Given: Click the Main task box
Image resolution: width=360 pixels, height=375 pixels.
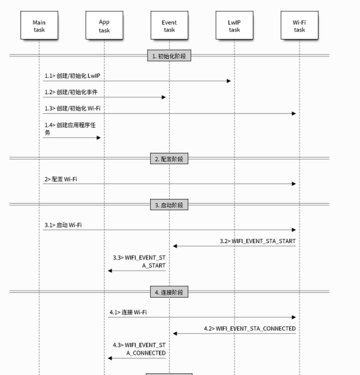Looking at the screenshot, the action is [x=39, y=25].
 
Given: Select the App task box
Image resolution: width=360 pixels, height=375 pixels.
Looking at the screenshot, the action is [x=104, y=25].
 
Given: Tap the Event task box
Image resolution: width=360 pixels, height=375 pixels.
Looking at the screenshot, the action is [x=169, y=25].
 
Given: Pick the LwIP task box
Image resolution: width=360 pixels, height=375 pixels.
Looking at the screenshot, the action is [x=234, y=25].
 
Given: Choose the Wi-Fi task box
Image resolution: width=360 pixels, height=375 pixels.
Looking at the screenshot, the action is [x=299, y=25].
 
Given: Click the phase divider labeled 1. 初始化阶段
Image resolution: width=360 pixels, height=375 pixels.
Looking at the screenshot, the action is [x=169, y=55].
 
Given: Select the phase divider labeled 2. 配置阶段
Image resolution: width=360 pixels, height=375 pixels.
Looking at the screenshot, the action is [x=169, y=159].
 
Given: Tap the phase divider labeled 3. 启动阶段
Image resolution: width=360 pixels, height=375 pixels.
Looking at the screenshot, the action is [x=169, y=205].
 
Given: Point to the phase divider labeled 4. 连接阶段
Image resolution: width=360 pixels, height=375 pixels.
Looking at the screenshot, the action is [x=169, y=292].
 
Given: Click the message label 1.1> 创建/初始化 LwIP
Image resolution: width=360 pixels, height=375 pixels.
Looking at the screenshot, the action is [x=72, y=76].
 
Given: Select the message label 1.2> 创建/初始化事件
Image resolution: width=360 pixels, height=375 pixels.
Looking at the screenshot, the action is [x=71, y=92].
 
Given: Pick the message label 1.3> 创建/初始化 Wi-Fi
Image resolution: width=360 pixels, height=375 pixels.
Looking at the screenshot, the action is [x=72, y=108].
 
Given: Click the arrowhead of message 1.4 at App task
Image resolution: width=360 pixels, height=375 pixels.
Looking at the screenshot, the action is [x=99, y=138].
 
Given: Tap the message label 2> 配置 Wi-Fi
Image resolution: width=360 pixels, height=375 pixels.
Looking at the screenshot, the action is [x=61, y=179].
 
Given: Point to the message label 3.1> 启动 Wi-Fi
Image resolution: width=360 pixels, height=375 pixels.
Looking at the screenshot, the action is [x=63, y=225].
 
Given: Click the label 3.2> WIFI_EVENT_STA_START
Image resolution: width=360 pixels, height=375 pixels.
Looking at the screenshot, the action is [x=257, y=241].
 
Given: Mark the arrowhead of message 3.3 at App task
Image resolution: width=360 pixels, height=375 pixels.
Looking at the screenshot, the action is [x=110, y=271].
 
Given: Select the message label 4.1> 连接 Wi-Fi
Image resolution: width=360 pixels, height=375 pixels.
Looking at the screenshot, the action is [x=128, y=312].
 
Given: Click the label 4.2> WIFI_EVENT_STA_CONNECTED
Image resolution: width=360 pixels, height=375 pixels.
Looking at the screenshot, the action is [x=250, y=329].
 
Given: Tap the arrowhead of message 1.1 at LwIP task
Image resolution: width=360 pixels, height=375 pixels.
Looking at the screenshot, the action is [x=229, y=81].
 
